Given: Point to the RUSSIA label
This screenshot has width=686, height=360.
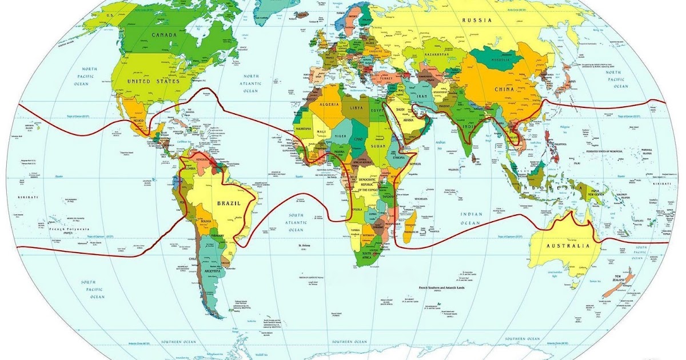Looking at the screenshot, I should (x=477, y=20).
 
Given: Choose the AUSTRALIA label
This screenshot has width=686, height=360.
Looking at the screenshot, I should (x=567, y=246).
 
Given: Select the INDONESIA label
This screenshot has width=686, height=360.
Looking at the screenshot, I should (x=549, y=188).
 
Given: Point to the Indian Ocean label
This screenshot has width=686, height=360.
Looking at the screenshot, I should (x=472, y=218).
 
